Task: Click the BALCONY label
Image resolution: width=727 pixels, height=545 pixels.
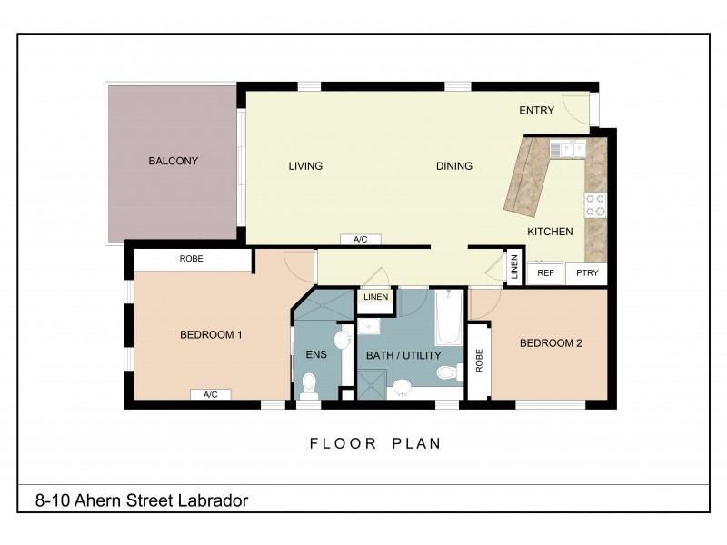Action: tap(173, 161)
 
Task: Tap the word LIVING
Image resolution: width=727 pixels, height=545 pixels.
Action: tap(305, 166)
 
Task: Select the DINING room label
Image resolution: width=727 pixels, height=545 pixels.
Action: tap(453, 166)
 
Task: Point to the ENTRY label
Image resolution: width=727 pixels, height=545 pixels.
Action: tap(536, 111)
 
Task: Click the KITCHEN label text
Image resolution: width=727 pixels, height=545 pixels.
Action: tap(550, 232)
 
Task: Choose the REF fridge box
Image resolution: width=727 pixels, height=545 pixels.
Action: tap(545, 272)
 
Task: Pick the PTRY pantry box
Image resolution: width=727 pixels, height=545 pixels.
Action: tap(586, 272)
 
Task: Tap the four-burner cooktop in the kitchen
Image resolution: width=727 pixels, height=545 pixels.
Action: tap(594, 205)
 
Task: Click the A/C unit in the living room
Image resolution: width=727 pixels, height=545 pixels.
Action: tap(360, 240)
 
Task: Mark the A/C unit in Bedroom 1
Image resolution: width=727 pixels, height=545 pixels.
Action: tap(210, 395)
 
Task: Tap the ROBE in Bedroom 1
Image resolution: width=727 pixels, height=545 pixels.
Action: tap(192, 259)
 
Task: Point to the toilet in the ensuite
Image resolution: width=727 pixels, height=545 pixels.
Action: tap(309, 391)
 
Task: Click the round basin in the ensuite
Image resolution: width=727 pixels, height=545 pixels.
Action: tap(341, 340)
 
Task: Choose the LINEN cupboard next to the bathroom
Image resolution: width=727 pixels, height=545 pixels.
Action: tap(375, 297)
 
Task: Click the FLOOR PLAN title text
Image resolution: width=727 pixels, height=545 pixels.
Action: tap(375, 444)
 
